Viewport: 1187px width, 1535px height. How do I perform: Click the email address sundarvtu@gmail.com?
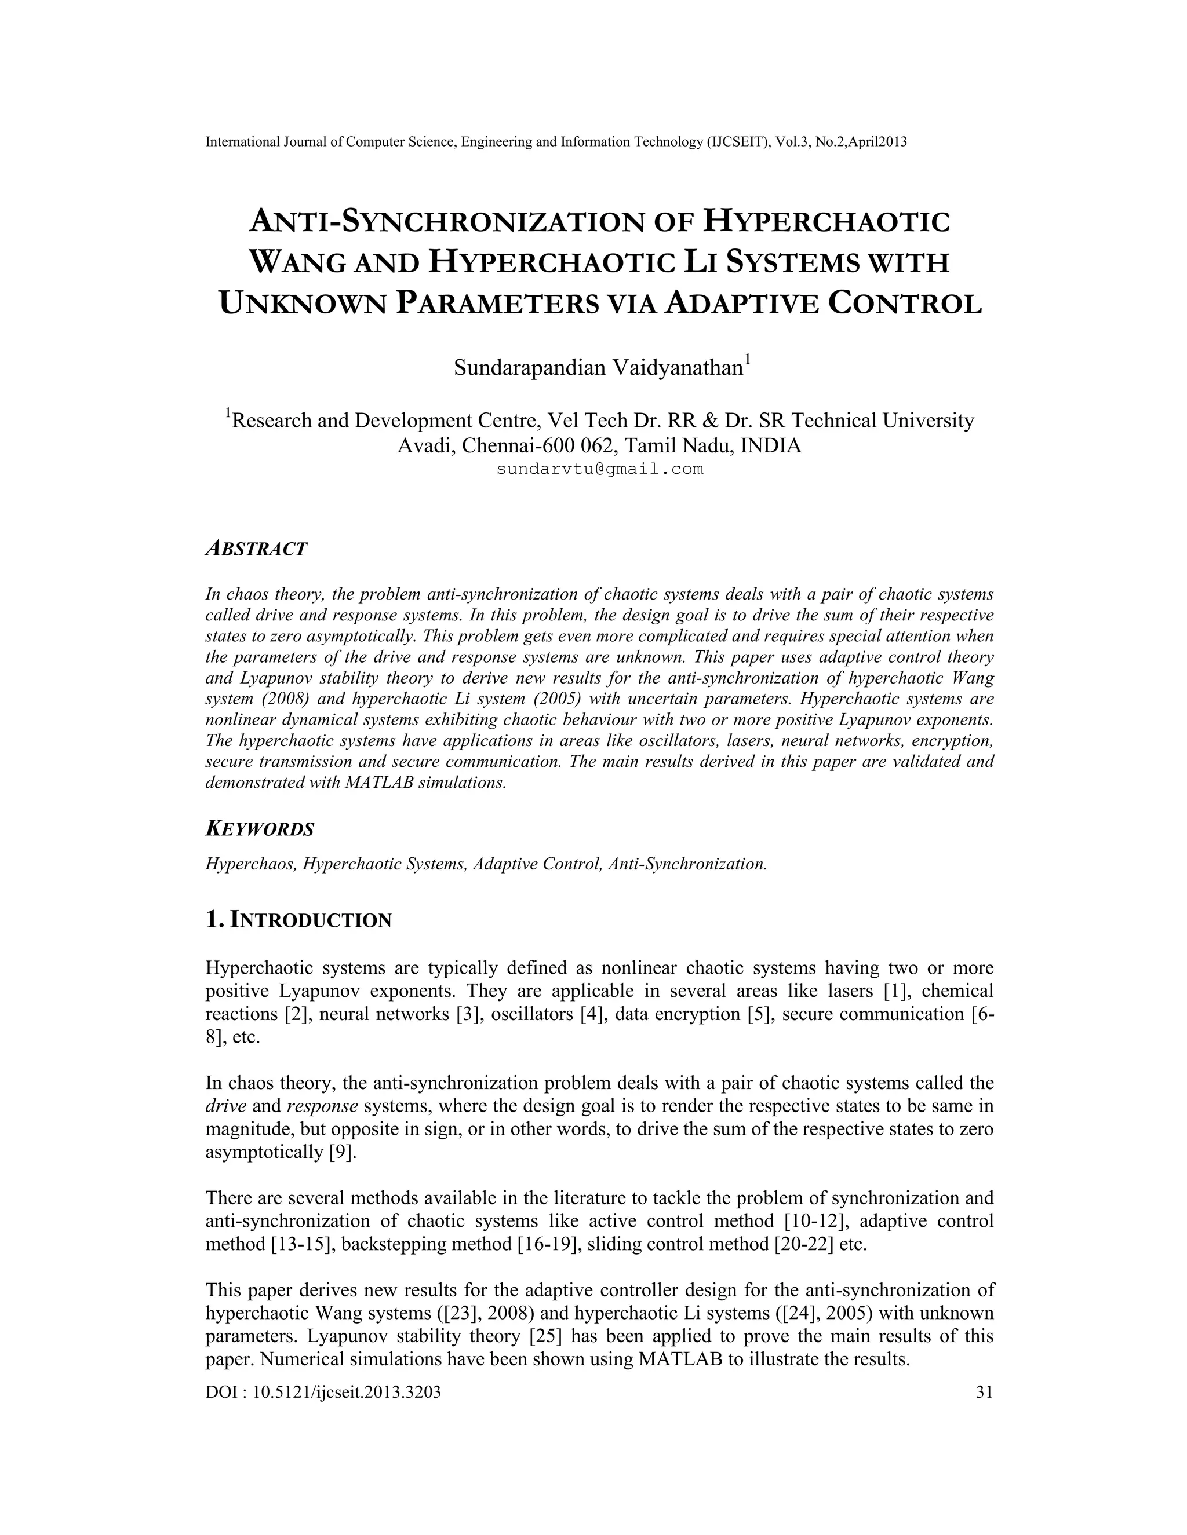coord(600,469)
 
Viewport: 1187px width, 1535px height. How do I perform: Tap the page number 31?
coord(985,1391)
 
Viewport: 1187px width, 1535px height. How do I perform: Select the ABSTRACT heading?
coord(257,549)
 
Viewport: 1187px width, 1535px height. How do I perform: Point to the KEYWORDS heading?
coord(260,829)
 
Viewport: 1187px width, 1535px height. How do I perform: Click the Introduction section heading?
coord(299,920)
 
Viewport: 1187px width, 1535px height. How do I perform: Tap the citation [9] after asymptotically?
coord(342,1153)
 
